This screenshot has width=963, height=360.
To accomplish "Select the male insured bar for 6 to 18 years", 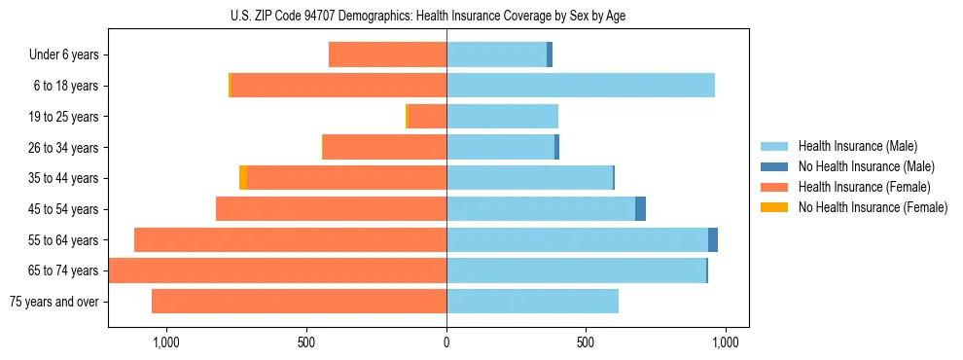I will pos(581,86).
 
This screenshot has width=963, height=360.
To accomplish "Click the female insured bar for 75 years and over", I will pos(299,302).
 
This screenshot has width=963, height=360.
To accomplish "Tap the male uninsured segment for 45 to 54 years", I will pos(640,209).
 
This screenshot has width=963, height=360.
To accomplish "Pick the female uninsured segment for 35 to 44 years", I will pos(243,178).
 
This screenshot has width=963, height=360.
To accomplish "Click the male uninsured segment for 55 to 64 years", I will pos(713,240).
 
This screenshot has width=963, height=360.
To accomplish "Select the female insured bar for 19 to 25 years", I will pos(427,117).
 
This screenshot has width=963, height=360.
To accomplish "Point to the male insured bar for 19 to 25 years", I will pos(502,117).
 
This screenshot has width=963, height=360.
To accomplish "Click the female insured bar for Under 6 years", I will pos(387,54).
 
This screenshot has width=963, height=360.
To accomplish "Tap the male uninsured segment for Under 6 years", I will pos(550,54).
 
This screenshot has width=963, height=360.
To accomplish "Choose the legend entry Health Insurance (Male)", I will pos(857,147).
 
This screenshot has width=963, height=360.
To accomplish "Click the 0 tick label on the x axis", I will pos(446,342).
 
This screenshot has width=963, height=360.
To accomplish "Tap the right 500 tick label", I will pos(586,342).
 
